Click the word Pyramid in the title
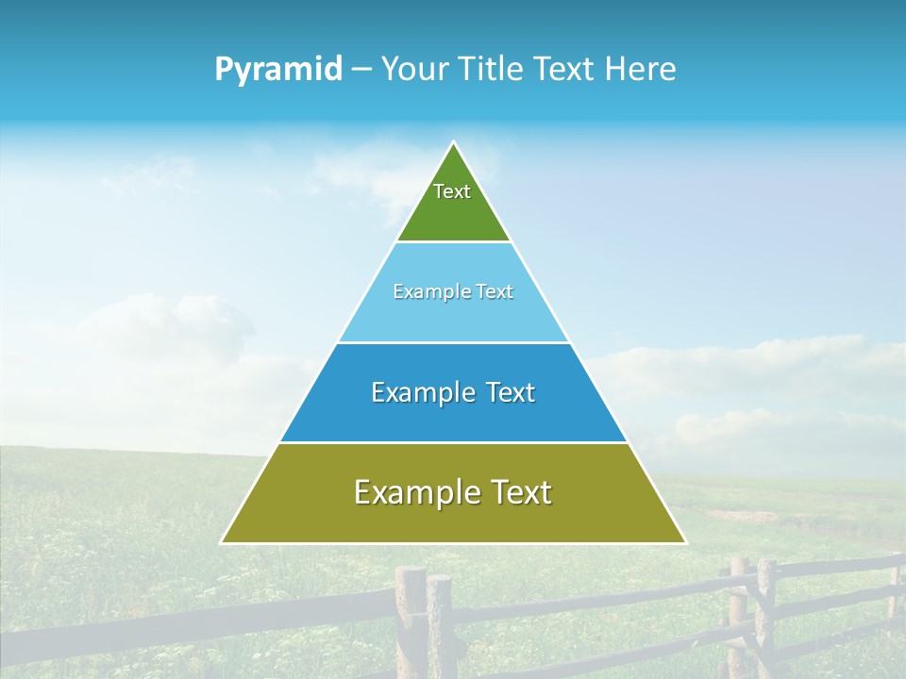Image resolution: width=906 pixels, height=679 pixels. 278,70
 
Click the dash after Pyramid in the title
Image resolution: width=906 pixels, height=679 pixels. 361,71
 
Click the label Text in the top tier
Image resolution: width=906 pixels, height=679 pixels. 452,191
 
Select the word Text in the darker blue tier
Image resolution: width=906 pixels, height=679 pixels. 509,392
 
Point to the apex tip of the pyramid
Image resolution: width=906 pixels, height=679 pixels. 454,143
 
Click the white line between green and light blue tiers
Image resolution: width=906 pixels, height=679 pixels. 453,242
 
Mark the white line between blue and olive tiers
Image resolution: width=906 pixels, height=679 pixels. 453,442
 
